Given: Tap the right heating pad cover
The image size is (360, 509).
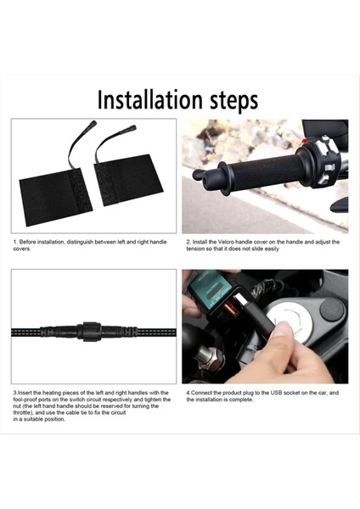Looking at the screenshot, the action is pyautogui.click(x=127, y=180).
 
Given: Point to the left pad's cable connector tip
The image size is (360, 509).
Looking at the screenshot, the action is pyautogui.click(x=93, y=123).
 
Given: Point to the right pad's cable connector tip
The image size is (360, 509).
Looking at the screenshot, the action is pyautogui.click(x=132, y=127).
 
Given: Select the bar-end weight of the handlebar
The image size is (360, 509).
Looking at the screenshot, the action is pyautogui.click(x=201, y=176).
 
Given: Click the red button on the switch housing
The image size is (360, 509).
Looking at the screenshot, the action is pyautogui.click(x=305, y=141).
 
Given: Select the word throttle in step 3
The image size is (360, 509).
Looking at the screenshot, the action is pyautogui.click(x=21, y=412).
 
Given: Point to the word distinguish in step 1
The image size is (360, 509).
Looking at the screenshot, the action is pyautogui.click(x=81, y=242).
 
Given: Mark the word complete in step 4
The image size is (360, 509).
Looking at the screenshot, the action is pyautogui.click(x=241, y=400).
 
